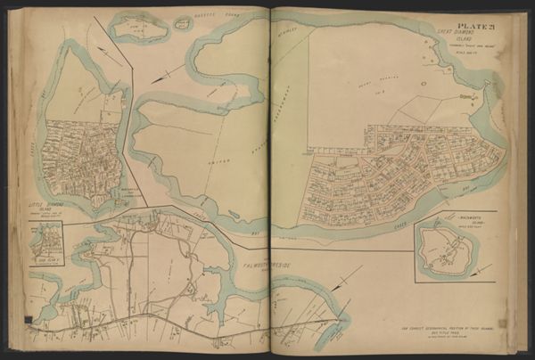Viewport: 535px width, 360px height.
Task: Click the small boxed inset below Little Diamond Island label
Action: point(46,240)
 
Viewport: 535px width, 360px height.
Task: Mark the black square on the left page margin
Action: point(29,319)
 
